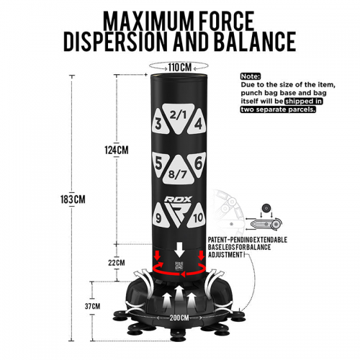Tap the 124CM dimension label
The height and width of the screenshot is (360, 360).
point(117,150)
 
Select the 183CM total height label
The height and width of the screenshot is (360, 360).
point(73,199)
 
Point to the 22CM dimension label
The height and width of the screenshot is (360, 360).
point(117,263)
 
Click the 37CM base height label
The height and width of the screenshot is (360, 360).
point(92,306)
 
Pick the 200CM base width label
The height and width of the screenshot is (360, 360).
point(179,318)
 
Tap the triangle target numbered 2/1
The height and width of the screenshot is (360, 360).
point(179,117)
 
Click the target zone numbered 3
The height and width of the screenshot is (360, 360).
point(159,123)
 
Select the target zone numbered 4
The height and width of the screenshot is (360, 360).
point(197,123)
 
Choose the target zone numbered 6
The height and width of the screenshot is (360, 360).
point(198,165)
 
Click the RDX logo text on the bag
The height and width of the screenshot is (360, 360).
point(178,199)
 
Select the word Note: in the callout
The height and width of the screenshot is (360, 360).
point(251,76)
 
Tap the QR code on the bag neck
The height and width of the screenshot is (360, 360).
point(178,266)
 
